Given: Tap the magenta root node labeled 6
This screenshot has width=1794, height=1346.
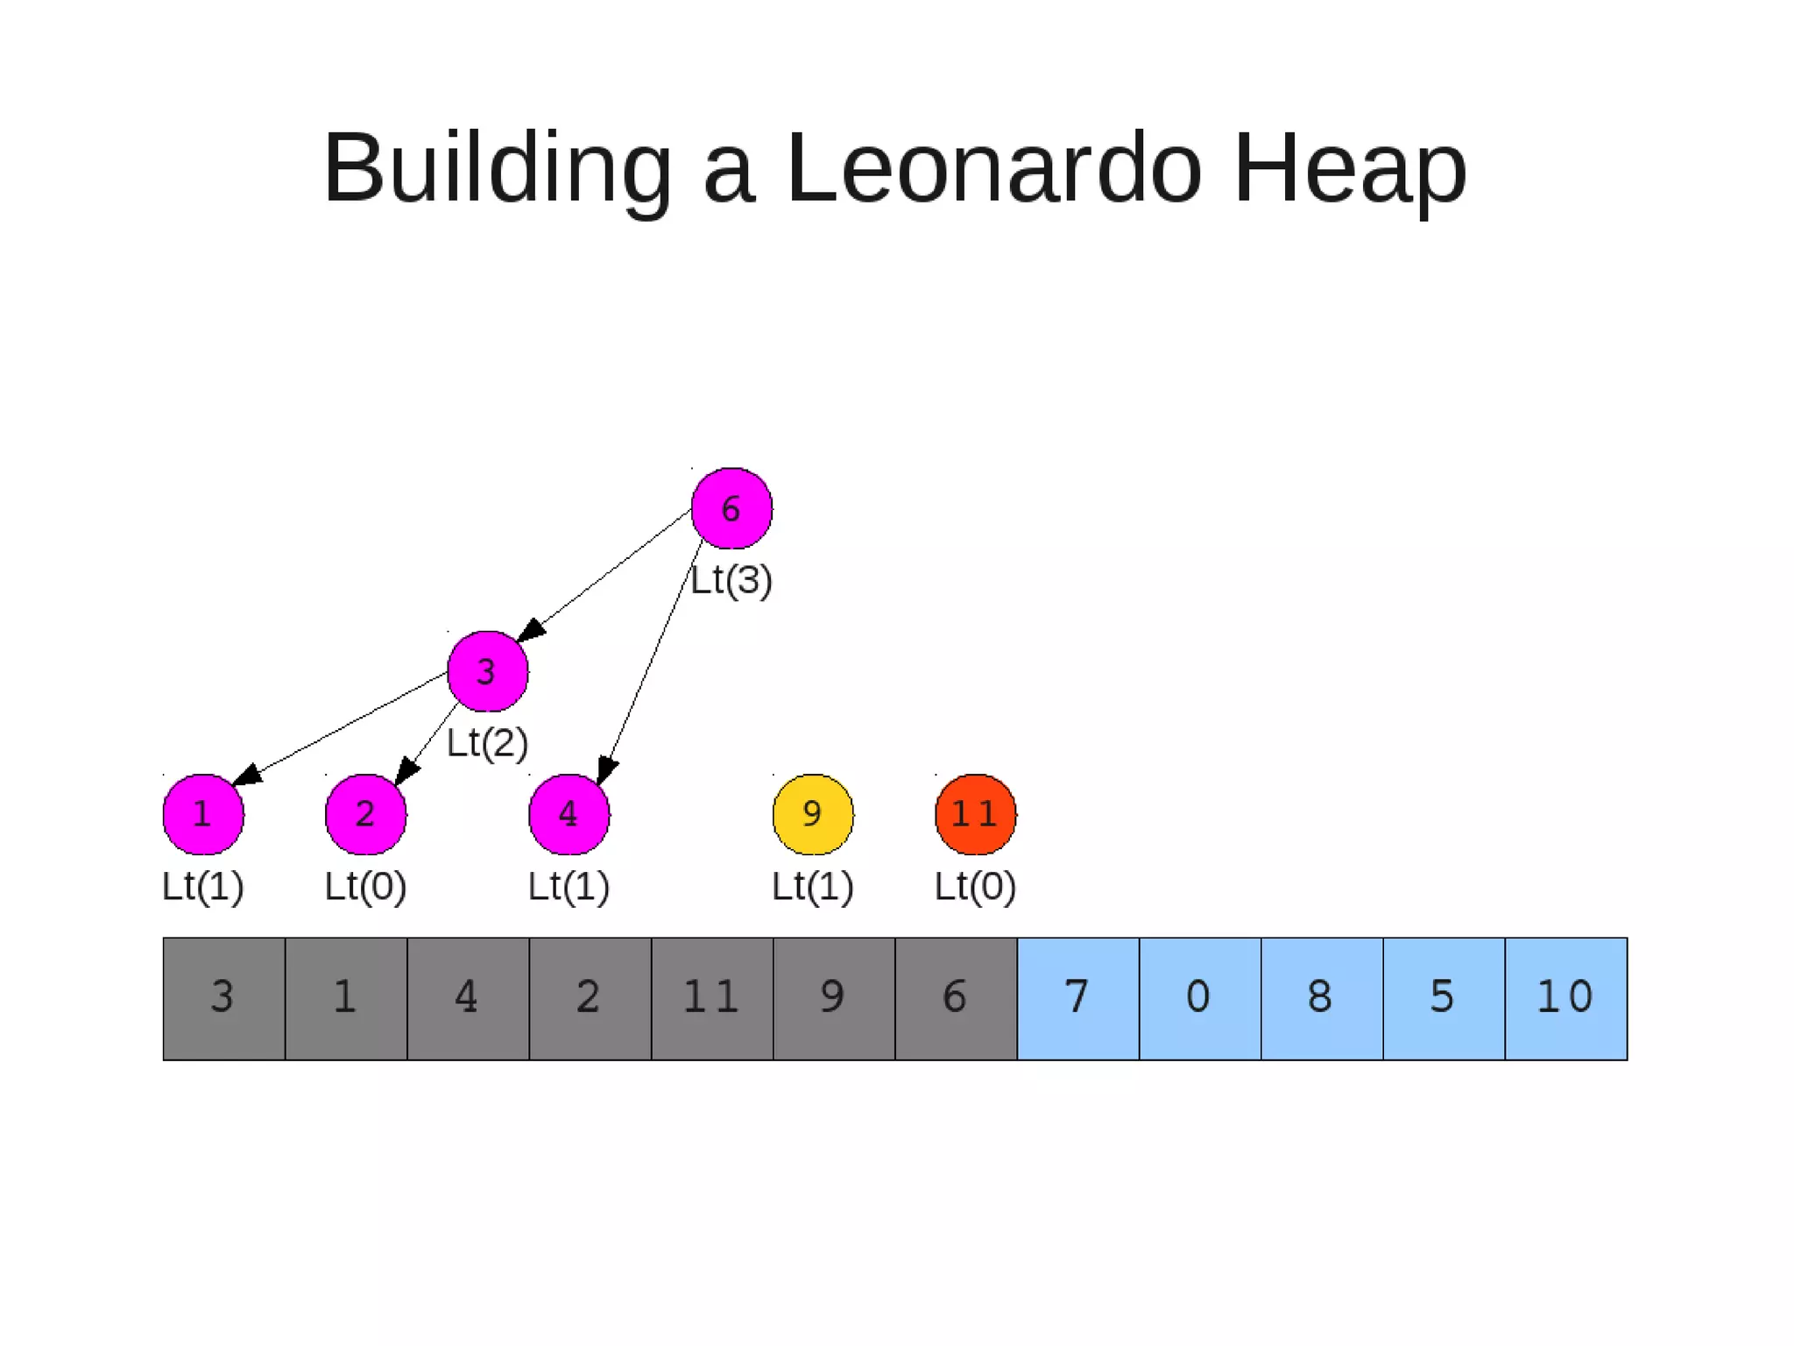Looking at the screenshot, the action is click(x=731, y=508).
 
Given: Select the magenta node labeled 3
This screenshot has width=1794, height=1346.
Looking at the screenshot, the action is click(x=487, y=671).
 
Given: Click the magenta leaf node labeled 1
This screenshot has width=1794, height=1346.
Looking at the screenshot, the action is click(x=203, y=814).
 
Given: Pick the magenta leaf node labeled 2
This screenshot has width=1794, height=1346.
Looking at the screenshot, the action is click(x=365, y=814).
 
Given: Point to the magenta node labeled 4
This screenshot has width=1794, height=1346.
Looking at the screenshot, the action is click(x=569, y=814).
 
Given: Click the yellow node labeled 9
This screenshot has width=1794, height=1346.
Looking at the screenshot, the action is click(x=813, y=814).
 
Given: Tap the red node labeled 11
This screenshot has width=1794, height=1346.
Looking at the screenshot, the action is click(x=975, y=814).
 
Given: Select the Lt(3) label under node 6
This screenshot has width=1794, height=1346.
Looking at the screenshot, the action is click(x=731, y=580).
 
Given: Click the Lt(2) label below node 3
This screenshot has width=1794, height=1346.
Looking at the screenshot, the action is click(x=487, y=743).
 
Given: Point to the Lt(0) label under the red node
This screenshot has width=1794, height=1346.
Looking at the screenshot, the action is click(x=975, y=886).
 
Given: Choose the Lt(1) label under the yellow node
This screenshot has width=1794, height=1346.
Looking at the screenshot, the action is click(x=812, y=886).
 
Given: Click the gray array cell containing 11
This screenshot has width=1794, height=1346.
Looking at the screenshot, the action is click(x=712, y=998).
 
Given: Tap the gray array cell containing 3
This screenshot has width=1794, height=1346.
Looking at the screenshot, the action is click(x=223, y=998).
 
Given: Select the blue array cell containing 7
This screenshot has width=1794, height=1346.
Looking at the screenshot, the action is click(x=1077, y=998).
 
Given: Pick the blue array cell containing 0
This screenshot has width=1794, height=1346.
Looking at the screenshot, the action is click(x=1199, y=998).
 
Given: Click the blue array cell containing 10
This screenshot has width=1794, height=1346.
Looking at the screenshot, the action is click(x=1565, y=998).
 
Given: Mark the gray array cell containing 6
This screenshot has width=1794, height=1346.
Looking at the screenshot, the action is click(x=956, y=998).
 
